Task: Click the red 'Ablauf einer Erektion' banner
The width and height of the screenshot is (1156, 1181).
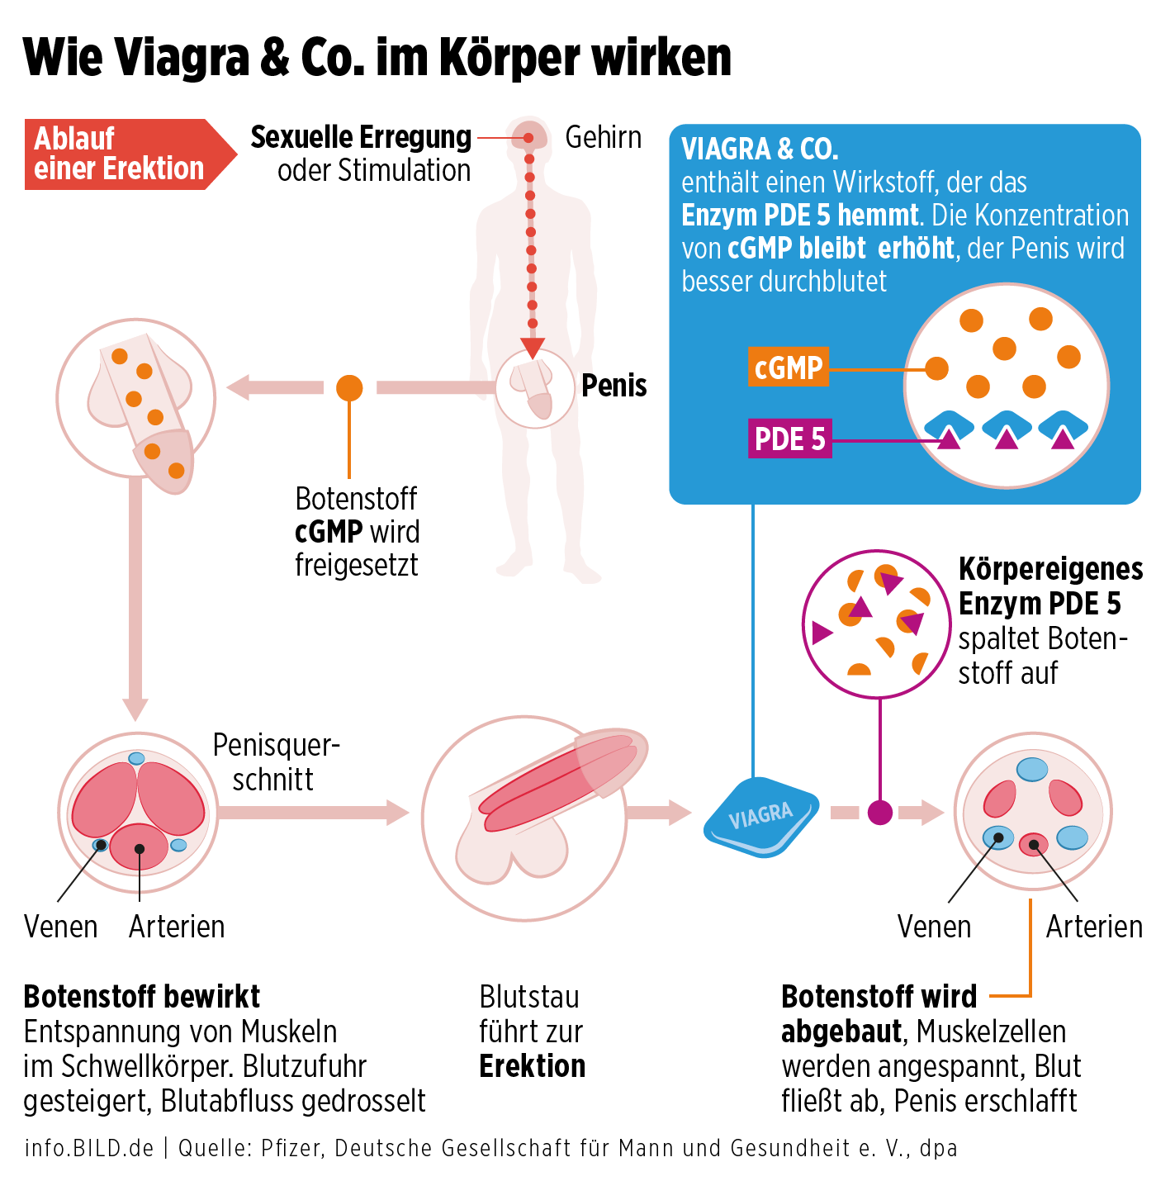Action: click(120, 154)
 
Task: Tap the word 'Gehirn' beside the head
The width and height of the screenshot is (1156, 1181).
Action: click(603, 137)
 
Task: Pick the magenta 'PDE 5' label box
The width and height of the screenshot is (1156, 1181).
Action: click(789, 439)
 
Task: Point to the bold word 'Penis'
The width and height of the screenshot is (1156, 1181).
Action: click(614, 386)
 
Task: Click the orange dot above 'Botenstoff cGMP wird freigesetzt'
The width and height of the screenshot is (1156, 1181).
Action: click(349, 387)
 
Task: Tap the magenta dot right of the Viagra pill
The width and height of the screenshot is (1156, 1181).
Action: click(880, 813)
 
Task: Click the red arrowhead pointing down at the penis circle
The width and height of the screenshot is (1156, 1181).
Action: click(533, 347)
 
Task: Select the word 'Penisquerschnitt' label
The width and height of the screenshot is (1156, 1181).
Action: click(275, 761)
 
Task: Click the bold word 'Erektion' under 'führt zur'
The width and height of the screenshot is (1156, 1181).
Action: click(533, 1066)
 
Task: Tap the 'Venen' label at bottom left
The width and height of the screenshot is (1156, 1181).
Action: click(60, 927)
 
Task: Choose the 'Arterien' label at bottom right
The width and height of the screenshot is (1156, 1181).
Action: click(1094, 927)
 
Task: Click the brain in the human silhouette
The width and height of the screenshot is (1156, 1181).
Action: click(529, 136)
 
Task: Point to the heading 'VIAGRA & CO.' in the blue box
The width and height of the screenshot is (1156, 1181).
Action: click(760, 149)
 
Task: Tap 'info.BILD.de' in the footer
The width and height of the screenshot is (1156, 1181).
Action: click(89, 1148)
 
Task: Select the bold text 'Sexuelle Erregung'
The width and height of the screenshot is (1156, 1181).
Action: click(361, 137)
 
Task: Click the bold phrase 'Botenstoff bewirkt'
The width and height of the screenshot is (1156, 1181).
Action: click(142, 997)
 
